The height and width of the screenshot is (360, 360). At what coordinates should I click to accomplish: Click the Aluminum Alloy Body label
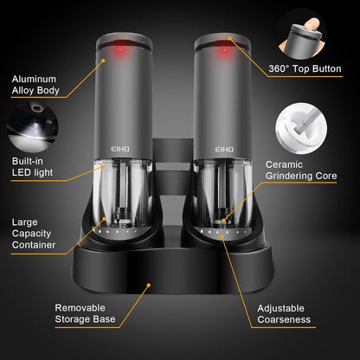click(35, 81)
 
